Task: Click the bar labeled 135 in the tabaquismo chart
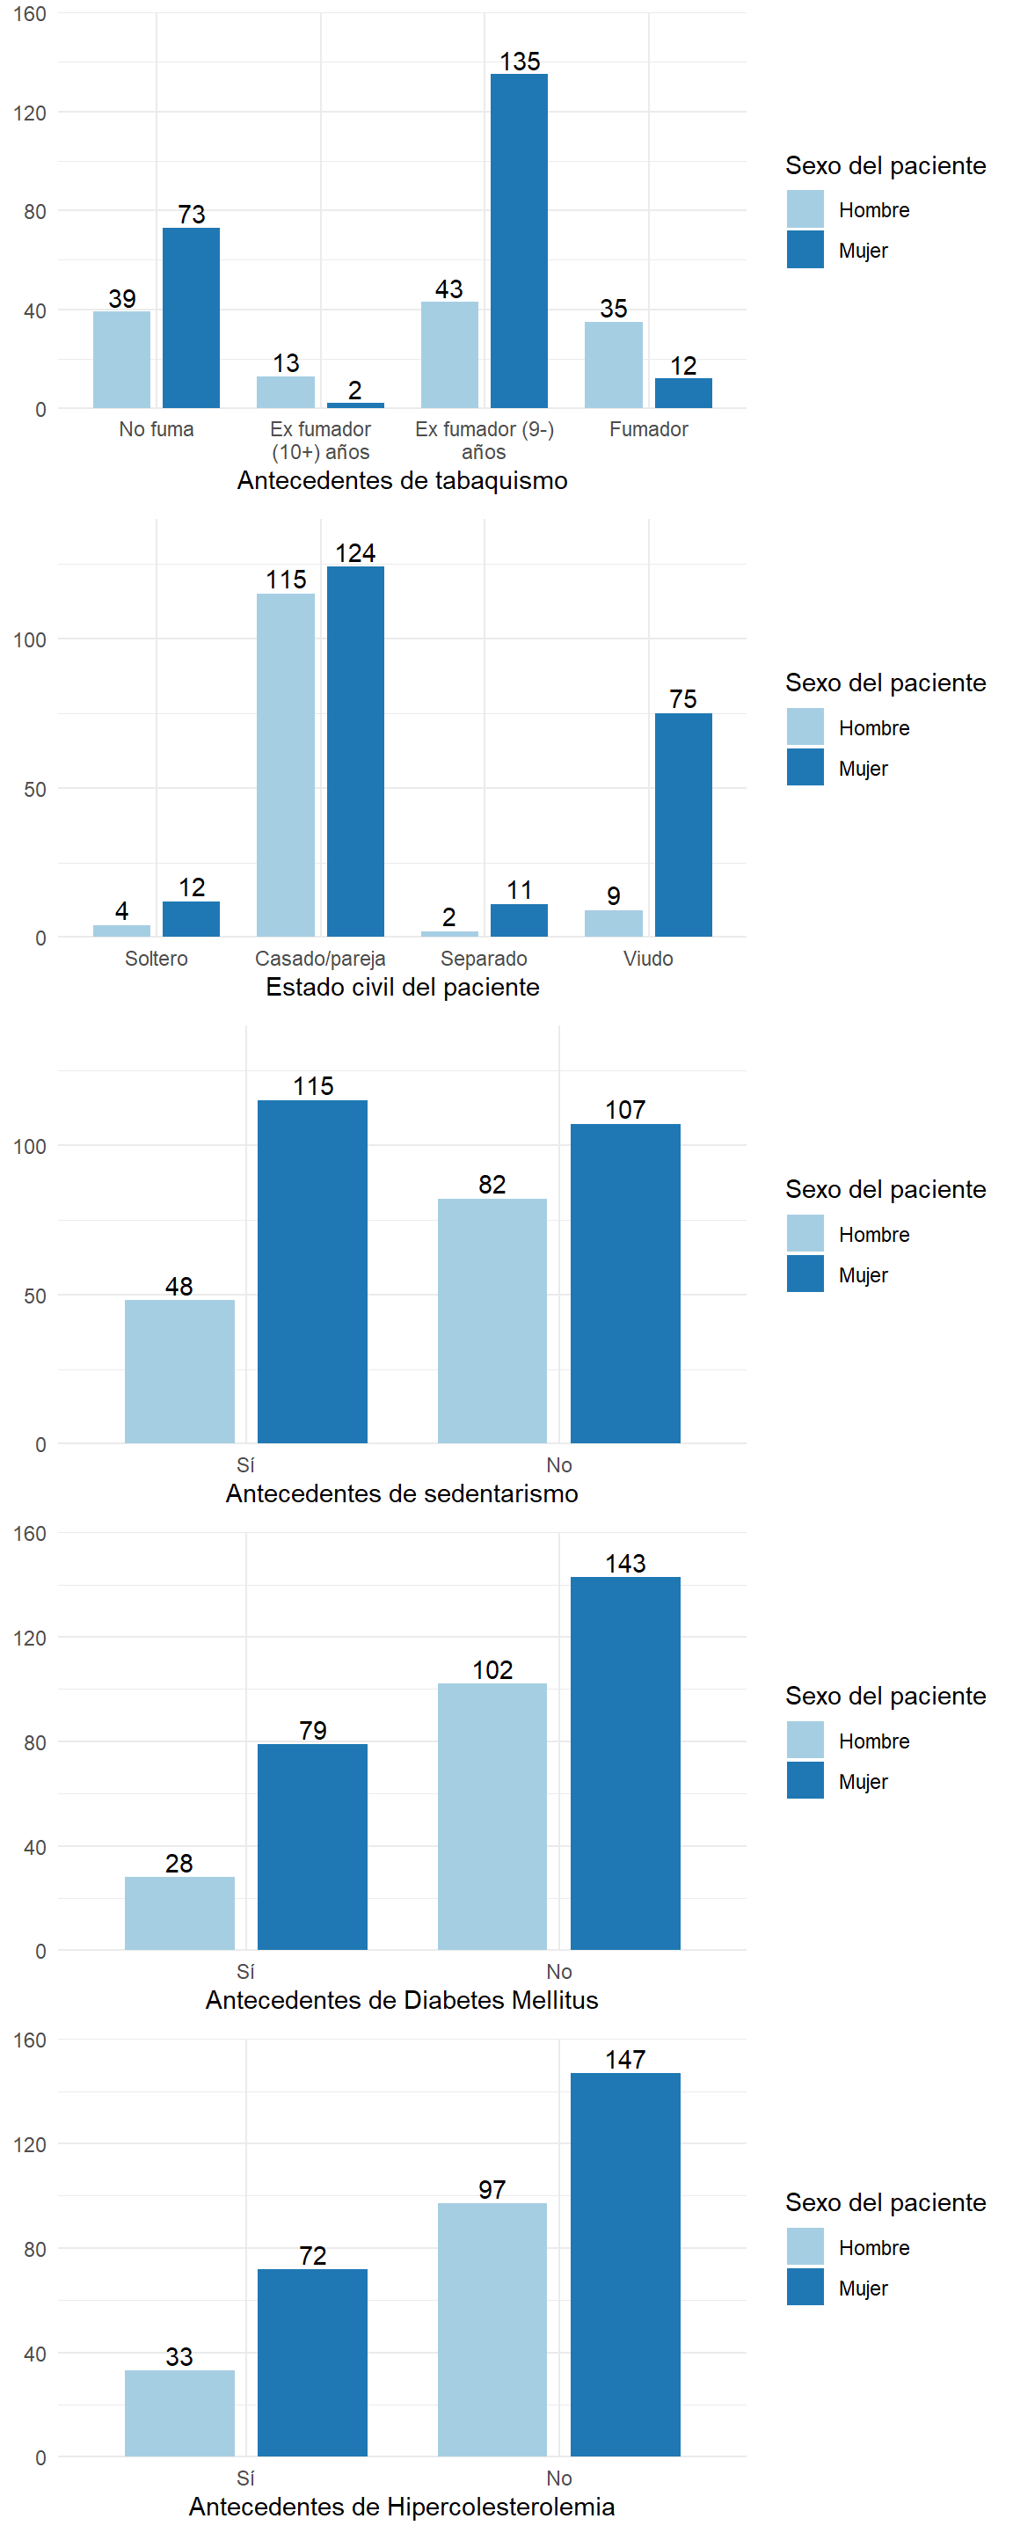coord(520,241)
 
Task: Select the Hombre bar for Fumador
coord(614,365)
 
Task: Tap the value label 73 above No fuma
coord(192,215)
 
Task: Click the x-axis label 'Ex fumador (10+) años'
coord(321,441)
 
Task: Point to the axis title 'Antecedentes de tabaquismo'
coord(402,481)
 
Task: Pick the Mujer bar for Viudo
coord(683,825)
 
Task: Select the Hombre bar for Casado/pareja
coord(286,765)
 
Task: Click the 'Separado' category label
coord(484,959)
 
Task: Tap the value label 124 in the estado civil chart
coord(355,553)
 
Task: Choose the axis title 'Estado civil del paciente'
coord(402,987)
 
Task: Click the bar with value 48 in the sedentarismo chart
coord(180,1372)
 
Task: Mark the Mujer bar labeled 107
coord(625,1283)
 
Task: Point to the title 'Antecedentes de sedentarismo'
coord(402,1493)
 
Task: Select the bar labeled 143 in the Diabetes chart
coord(625,1763)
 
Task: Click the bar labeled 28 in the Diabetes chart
coord(180,1913)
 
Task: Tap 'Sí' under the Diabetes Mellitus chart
coord(246,1972)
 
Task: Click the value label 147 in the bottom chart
coord(625,2060)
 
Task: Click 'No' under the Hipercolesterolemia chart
coord(558,2478)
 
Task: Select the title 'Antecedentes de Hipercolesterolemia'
coord(402,2507)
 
